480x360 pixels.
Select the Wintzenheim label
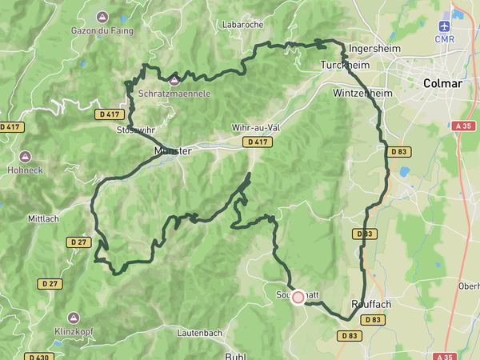pyautogui.click(x=358, y=94)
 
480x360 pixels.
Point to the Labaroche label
pyautogui.click(x=243, y=25)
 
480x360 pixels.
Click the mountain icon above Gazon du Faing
pyautogui.click(x=102, y=17)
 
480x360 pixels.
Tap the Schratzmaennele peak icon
pyautogui.click(x=174, y=79)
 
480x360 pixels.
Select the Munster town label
pyautogui.click(x=174, y=150)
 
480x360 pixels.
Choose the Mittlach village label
pyautogui.click(x=44, y=218)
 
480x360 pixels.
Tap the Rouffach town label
pyautogui.click(x=371, y=304)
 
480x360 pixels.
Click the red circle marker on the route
pyautogui.click(x=298, y=298)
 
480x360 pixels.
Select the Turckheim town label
pyautogui.click(x=342, y=64)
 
